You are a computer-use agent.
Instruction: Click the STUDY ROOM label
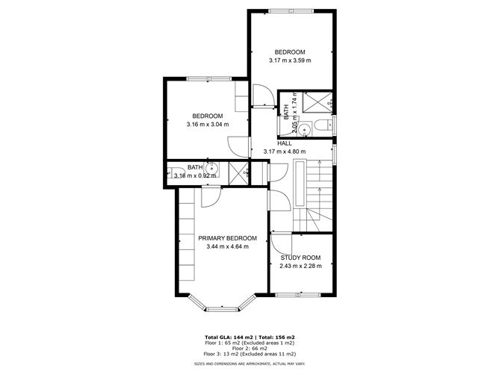pyautogui.click(x=300, y=258)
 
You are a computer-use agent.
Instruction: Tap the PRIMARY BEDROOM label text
pyautogui.click(x=223, y=238)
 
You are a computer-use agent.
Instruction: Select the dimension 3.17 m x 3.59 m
pyautogui.click(x=289, y=60)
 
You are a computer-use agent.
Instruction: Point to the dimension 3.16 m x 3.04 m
pyautogui.click(x=207, y=125)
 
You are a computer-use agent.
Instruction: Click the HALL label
pyautogui.click(x=285, y=143)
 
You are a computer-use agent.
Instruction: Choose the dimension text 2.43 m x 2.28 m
pyautogui.click(x=300, y=267)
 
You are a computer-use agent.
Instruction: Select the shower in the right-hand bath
pyautogui.click(x=317, y=100)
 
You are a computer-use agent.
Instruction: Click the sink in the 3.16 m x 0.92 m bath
pyautogui.click(x=214, y=169)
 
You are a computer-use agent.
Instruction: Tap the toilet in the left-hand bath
pyautogui.click(x=170, y=171)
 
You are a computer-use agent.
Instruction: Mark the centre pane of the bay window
pyautogui.click(x=222, y=308)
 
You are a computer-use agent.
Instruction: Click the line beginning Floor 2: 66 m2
pyautogui.click(x=249, y=349)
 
